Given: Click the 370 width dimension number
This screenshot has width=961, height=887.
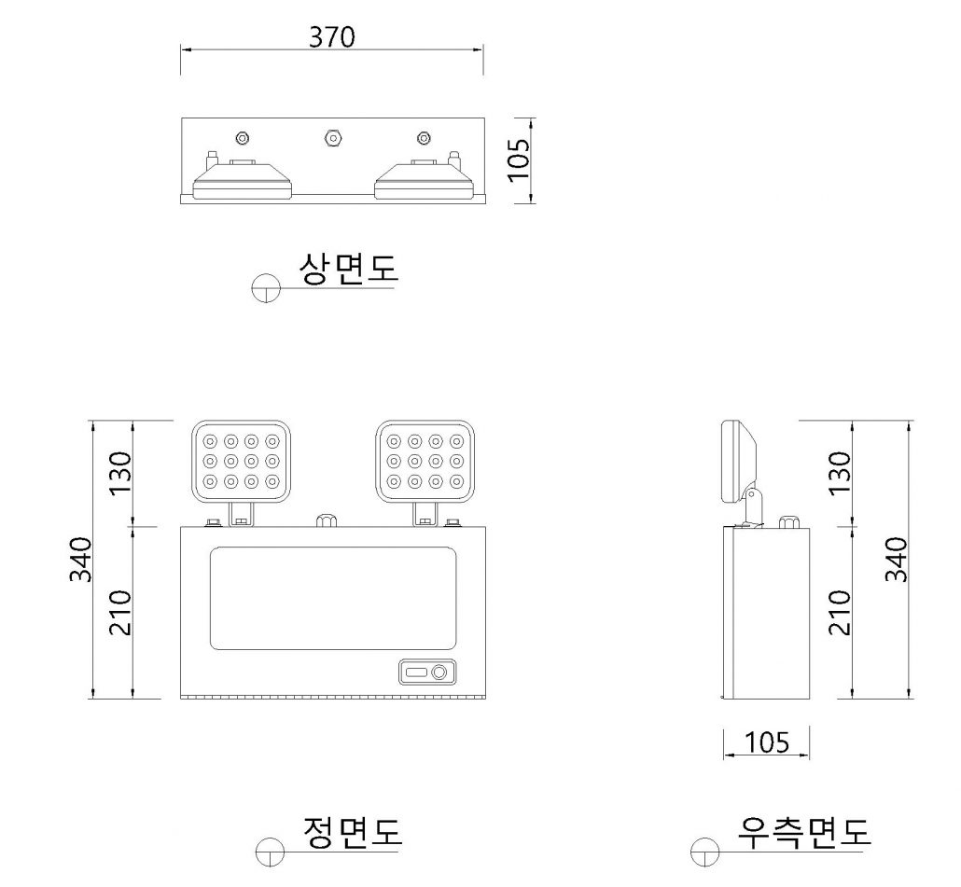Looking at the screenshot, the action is pos(331,37).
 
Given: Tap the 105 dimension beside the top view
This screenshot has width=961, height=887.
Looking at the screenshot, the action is pos(519,159).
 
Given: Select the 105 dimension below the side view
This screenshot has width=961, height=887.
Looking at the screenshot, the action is pos(767,742).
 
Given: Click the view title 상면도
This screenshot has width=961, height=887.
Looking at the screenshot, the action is pos(348,269).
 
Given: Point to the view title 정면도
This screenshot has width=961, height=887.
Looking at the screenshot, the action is pos(353,832).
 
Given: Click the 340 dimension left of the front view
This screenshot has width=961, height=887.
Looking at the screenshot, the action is pos(80,560).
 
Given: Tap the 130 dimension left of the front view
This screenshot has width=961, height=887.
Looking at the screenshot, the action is pos(120,473).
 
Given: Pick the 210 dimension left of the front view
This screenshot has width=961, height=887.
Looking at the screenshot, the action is pos(120,613).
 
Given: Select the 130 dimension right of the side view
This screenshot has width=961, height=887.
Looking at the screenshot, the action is pos(840,473).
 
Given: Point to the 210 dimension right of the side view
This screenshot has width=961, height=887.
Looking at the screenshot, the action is pos(840,613).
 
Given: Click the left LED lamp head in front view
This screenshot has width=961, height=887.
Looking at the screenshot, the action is pos(241,461).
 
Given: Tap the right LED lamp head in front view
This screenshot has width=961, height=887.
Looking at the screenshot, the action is pos(425,461).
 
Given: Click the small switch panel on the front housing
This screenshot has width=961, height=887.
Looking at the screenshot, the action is pos(428,672).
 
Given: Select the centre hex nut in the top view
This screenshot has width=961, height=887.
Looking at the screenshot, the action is pos(332,137).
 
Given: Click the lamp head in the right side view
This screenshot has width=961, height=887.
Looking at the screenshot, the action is pos(739,462).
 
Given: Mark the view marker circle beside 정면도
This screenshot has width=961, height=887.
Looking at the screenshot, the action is pos(271,851).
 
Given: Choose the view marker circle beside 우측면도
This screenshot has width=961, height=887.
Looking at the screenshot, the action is pos(704,851).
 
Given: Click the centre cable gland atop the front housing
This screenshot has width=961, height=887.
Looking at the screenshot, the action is pos(327,520).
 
